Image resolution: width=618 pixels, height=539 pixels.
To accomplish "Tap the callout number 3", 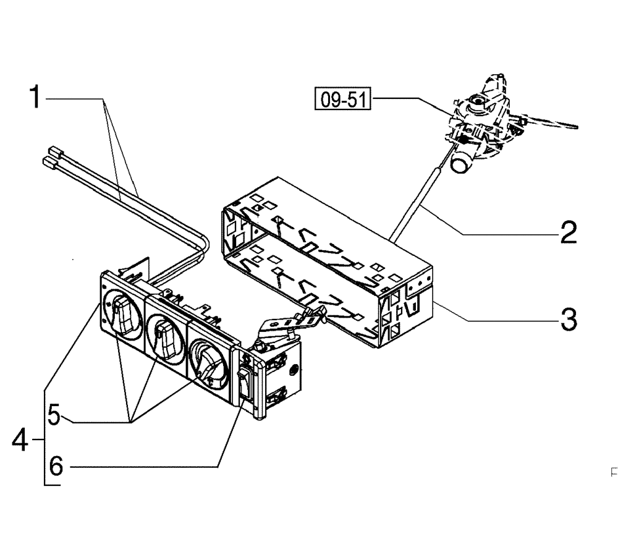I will [567, 320].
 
